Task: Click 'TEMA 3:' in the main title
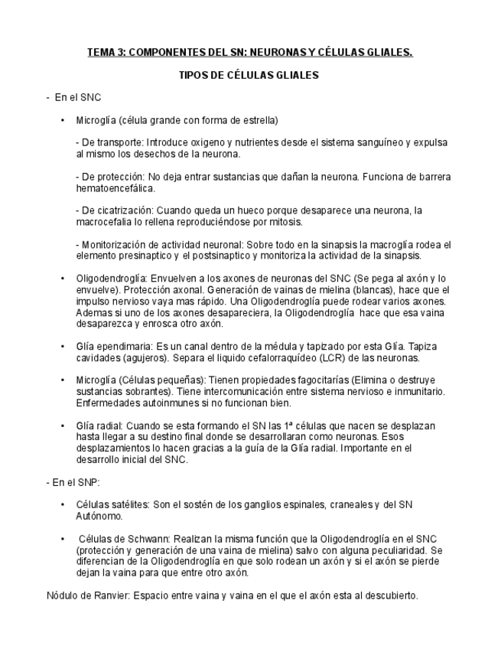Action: tap(105, 52)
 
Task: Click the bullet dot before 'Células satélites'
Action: tap(62, 505)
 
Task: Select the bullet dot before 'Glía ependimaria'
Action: tap(62, 347)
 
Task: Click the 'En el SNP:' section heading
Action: tap(74, 483)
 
